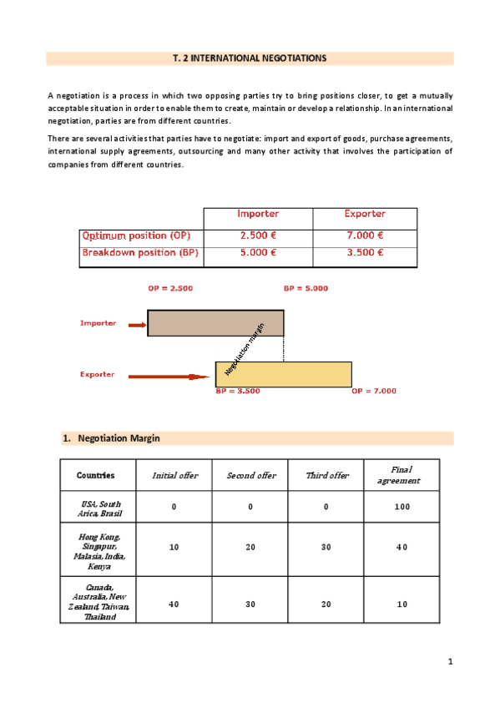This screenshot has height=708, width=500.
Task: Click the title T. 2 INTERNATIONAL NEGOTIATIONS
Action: click(250, 58)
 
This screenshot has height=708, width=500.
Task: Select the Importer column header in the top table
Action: click(258, 215)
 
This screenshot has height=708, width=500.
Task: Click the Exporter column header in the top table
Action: click(365, 215)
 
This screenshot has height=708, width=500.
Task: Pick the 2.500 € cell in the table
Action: click(258, 236)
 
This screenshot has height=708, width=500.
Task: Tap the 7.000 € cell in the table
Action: click(365, 236)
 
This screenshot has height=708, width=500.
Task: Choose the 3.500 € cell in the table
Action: click(365, 252)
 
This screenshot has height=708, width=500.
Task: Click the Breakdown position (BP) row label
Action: click(140, 252)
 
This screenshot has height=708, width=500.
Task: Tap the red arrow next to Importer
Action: click(137, 323)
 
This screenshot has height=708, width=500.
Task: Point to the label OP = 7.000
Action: click(373, 391)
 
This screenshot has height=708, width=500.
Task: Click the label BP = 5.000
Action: click(306, 288)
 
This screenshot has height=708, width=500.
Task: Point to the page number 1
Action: click(449, 662)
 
